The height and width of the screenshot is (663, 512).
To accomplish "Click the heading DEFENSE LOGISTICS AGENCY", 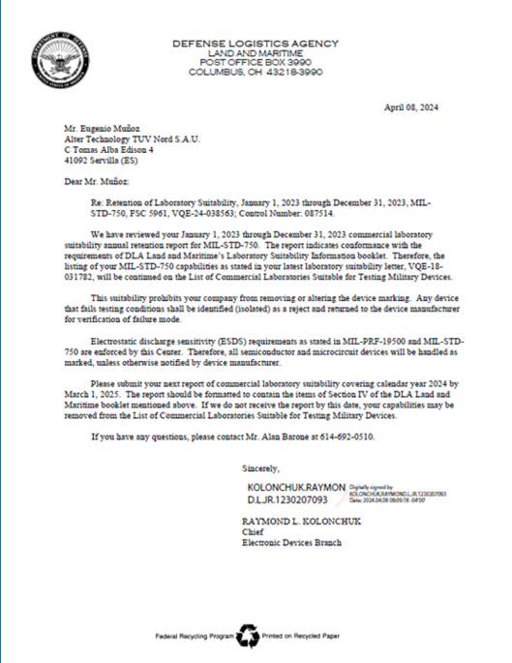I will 256,44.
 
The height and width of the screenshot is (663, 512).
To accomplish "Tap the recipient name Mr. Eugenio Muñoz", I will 96,128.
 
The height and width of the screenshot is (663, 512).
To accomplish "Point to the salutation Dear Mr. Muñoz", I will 96,180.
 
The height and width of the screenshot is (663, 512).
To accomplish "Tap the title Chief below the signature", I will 253,532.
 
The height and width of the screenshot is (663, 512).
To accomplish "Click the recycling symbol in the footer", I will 249,634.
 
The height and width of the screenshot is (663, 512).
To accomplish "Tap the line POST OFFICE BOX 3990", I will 256,63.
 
